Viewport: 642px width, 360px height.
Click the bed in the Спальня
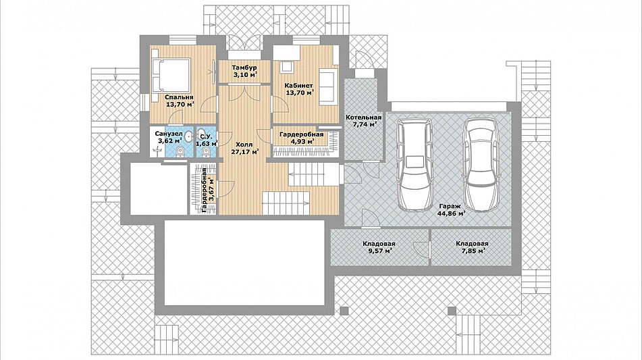click(171, 76)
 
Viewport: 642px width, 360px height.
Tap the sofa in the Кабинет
click(328, 87)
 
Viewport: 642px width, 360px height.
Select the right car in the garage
click(482, 165)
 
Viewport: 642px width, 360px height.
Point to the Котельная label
click(364, 118)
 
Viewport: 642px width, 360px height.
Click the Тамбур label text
click(244, 68)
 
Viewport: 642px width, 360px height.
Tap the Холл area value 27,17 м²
click(245, 152)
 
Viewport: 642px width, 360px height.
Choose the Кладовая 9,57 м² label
click(379, 247)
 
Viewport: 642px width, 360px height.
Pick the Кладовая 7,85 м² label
click(472, 247)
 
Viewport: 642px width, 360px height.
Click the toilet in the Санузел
click(180, 153)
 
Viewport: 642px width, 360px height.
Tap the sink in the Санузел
click(188, 136)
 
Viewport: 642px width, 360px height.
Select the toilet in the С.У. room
click(205, 153)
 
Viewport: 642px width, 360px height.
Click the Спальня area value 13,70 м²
click(180, 105)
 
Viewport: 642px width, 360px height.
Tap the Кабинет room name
click(299, 86)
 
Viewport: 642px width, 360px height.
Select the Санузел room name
click(169, 134)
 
